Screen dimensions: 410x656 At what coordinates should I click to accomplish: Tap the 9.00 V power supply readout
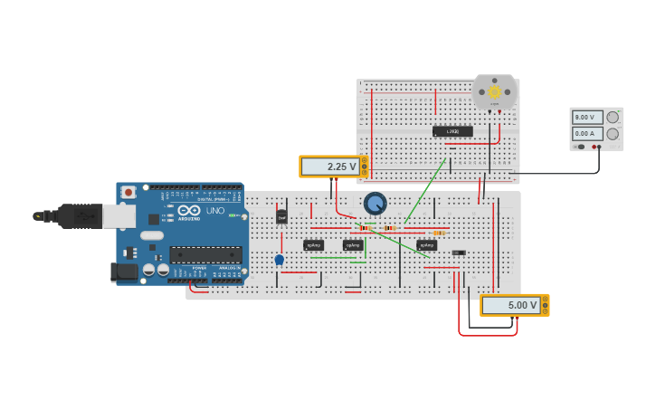[x=587, y=117]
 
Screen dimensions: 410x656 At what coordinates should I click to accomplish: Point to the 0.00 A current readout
[x=587, y=133]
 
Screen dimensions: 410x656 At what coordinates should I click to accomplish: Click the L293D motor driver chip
[x=452, y=131]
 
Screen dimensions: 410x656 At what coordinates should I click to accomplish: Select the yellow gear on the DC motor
[x=494, y=91]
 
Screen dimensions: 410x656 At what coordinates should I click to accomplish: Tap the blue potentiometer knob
[x=375, y=203]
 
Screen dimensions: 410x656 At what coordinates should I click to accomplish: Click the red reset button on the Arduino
[x=128, y=192]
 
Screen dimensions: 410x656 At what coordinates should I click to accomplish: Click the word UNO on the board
[x=215, y=211]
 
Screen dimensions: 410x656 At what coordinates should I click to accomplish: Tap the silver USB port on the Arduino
[x=118, y=215]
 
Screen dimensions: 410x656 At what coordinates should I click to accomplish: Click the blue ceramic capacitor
[x=280, y=260]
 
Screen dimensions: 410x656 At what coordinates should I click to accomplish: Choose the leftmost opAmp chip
[x=313, y=245]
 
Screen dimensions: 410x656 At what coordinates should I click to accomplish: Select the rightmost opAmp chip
[x=427, y=245]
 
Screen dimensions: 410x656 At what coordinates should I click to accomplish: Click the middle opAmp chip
[x=353, y=245]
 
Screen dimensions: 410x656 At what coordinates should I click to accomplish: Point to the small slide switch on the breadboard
[x=459, y=253]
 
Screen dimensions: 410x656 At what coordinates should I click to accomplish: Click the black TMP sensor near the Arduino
[x=281, y=217]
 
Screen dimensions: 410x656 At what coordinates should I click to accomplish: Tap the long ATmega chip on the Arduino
[x=205, y=255]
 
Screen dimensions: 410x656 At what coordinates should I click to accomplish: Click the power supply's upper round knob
[x=613, y=117]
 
